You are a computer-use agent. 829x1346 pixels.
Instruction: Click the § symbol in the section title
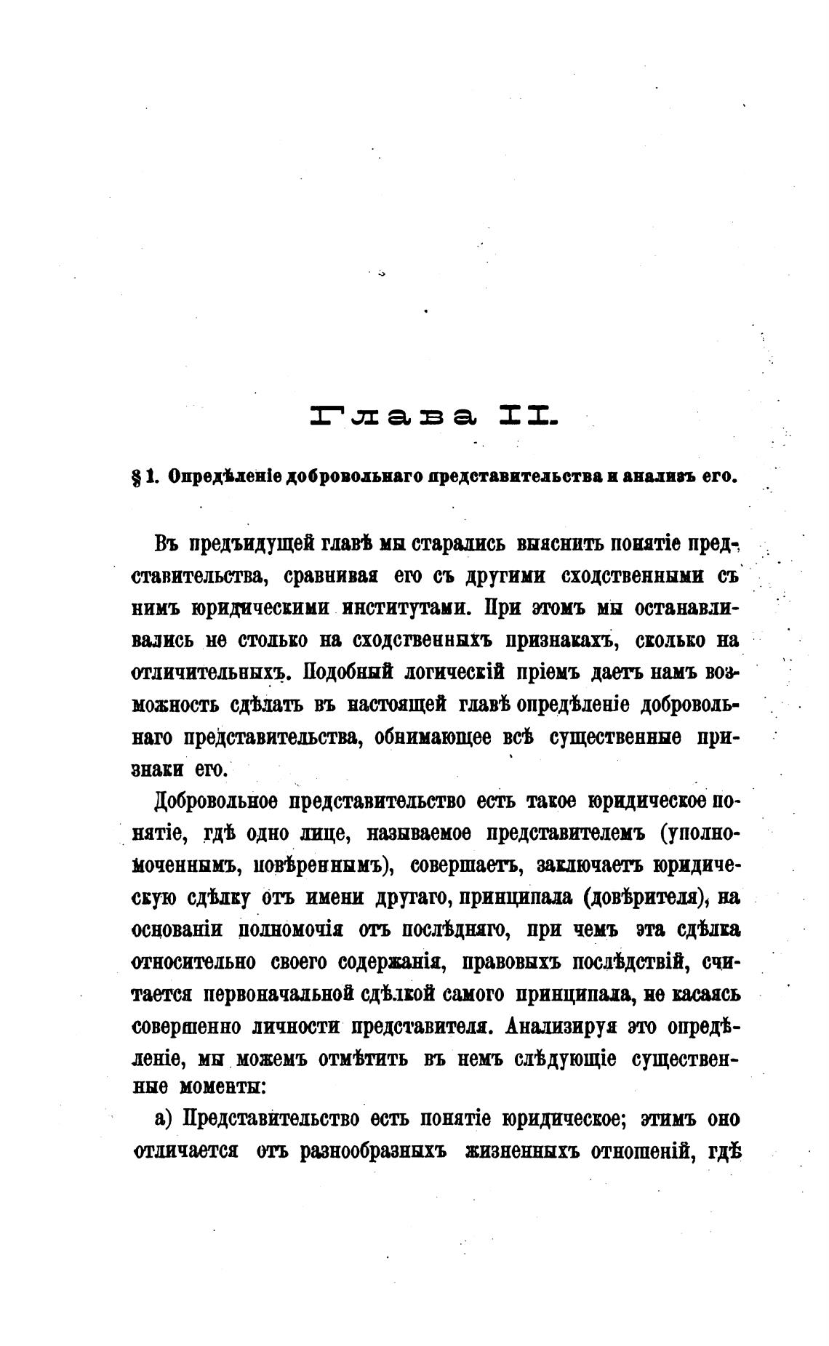coord(136,478)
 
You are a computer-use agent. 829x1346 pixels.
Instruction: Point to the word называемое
coord(418,833)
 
